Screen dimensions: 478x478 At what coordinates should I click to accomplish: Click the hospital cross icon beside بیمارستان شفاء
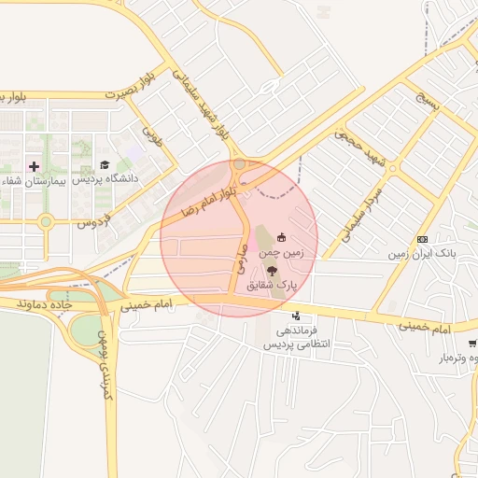(x=35, y=166)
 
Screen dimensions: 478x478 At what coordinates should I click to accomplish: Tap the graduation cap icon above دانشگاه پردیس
(x=105, y=164)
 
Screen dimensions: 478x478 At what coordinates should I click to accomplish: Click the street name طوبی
(x=151, y=139)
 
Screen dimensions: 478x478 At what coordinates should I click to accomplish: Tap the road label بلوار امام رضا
(x=206, y=195)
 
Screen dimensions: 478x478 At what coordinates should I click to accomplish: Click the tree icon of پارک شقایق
(x=272, y=270)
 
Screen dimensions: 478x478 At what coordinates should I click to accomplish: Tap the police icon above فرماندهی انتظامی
(x=296, y=316)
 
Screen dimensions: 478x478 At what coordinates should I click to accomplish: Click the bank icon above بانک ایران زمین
(x=422, y=240)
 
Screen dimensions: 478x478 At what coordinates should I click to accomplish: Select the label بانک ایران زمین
(x=421, y=254)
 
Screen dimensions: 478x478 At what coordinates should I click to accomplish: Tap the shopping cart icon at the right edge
(x=472, y=344)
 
